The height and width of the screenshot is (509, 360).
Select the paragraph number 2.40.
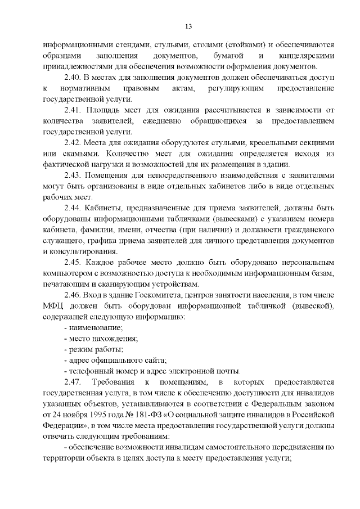[73, 78]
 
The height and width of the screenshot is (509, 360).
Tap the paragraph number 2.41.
[73, 110]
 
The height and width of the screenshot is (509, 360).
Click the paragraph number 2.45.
[73, 262]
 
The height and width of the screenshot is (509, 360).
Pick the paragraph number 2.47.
[73, 381]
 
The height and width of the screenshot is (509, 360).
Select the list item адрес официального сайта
[118, 360]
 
